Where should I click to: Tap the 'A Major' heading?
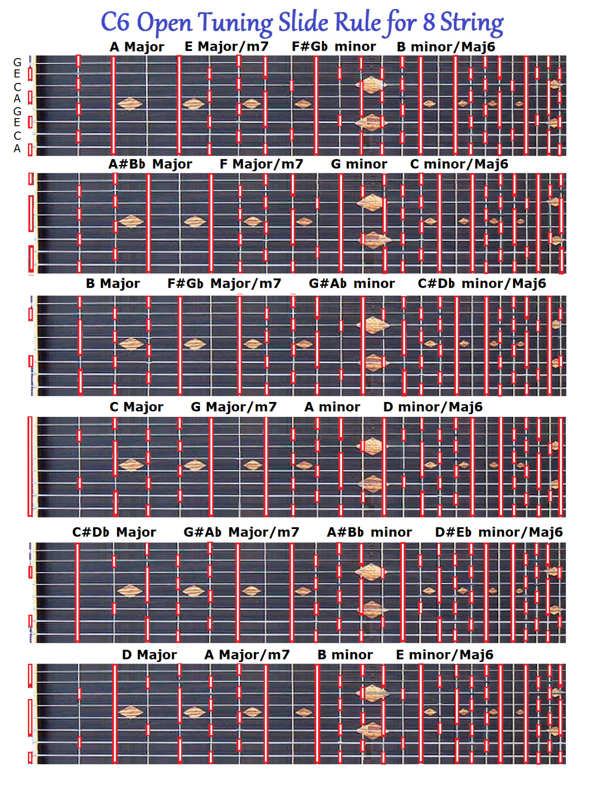coord(137,47)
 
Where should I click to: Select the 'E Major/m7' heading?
coord(226,47)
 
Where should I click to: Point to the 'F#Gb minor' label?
coord(334,47)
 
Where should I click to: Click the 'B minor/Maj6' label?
coord(446,47)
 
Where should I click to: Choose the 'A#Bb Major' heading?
coord(150,164)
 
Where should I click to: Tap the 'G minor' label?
coord(359,164)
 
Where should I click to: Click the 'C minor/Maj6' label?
coord(459,164)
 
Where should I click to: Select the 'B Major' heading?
coord(113,284)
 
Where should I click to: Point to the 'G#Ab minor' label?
coord(351,284)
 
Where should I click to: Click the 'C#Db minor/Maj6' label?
coord(481,284)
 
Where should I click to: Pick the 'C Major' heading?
coord(136,407)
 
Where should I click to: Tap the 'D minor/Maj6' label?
coord(433,407)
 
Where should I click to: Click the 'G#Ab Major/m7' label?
coord(241,532)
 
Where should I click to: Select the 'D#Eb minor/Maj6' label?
coord(499,532)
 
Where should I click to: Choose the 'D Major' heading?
coord(149,655)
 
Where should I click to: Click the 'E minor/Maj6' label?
coord(445,655)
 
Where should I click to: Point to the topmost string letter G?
coord(17,63)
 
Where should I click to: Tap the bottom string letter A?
coord(17,149)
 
